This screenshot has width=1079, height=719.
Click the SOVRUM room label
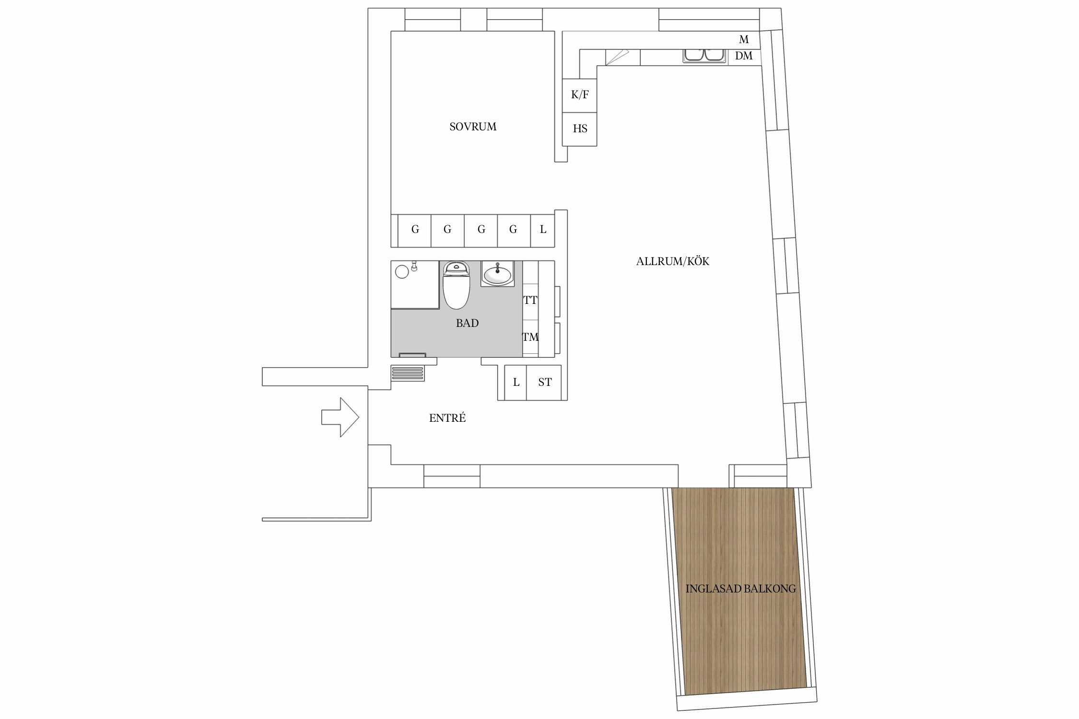pos(472,127)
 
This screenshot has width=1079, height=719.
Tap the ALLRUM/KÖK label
pos(672,261)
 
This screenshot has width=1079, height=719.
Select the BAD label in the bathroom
pos(467,323)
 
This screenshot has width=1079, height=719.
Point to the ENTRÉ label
pos(447,418)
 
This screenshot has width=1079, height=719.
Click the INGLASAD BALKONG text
pos(740,589)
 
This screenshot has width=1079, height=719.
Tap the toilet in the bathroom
pos(456,285)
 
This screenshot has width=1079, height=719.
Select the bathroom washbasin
pos(497,275)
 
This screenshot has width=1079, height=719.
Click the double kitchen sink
pos(704,55)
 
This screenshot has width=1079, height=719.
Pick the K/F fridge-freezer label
pos(580,95)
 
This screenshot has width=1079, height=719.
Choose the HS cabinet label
pos(580,128)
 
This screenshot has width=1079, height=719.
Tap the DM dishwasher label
pos(744,56)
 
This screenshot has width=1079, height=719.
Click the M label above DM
pos(744,39)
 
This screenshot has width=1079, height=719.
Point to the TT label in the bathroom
pos(530,301)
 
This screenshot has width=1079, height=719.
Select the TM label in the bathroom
pos(530,337)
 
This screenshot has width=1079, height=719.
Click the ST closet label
pos(545,382)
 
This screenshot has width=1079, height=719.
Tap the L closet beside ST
pos(516,382)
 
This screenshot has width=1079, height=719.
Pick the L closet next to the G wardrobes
pos(543,230)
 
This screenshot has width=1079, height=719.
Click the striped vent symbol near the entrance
pos(408,373)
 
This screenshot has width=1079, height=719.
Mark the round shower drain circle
pos(402,272)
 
